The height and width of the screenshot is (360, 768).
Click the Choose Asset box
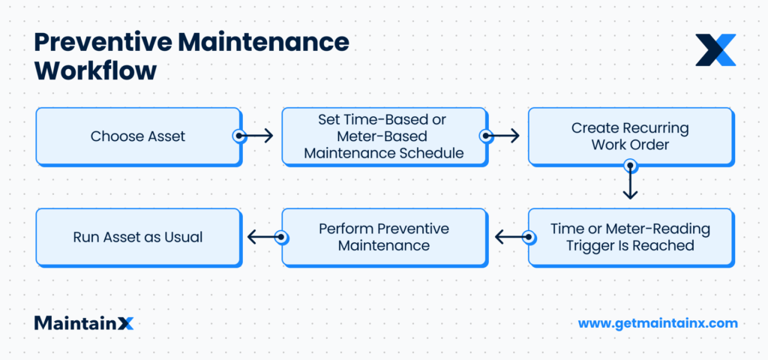point(138,136)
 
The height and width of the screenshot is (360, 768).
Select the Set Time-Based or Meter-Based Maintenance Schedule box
point(384,136)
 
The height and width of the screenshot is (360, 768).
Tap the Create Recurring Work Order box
point(629,136)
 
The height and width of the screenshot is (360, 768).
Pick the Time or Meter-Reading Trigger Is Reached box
point(629,237)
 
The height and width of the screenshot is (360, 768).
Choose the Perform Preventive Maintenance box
point(384,237)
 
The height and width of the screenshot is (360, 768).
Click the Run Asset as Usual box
point(138,237)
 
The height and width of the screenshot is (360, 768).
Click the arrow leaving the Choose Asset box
point(256,136)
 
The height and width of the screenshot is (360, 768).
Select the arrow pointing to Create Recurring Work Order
point(502,136)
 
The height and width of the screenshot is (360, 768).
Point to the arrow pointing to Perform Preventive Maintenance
point(512,237)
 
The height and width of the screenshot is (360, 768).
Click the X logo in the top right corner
point(715,49)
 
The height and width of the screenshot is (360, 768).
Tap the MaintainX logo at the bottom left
point(83,323)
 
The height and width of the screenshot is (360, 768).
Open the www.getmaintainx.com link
point(658,323)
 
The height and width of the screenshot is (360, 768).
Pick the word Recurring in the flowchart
point(652,128)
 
